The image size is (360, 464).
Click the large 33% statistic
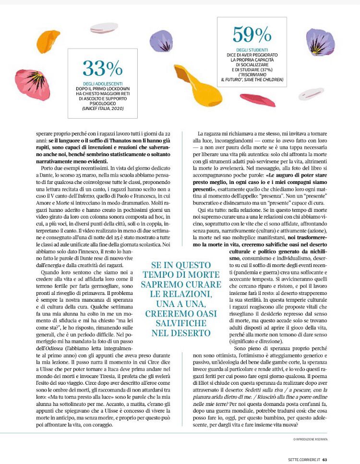(102, 69)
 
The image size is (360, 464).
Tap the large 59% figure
(252, 35)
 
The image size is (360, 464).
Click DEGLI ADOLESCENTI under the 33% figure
(102, 84)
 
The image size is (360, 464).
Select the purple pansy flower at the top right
(320, 42)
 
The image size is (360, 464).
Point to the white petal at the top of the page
(104, 28)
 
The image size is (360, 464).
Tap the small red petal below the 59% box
(258, 99)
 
